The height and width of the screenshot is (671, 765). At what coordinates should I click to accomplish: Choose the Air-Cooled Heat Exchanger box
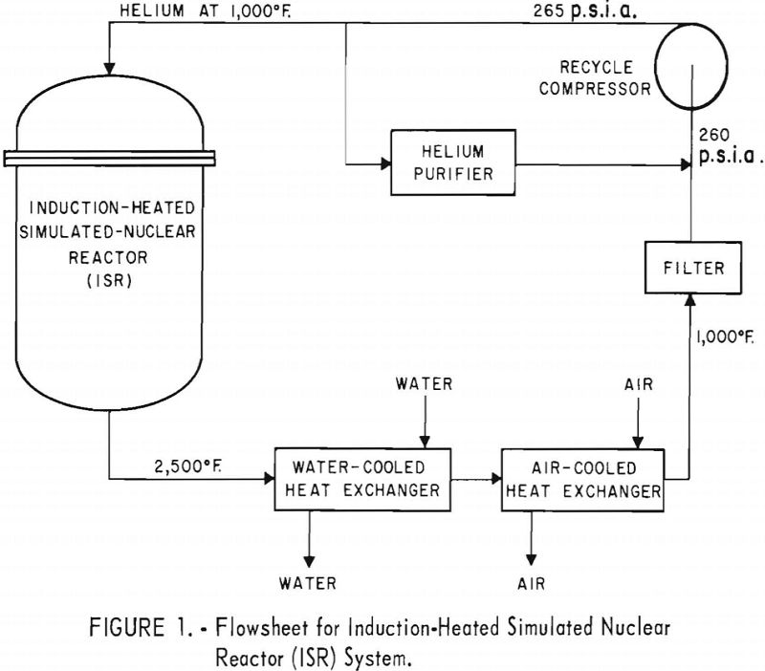(596, 478)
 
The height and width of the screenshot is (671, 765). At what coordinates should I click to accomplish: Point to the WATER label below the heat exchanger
(308, 580)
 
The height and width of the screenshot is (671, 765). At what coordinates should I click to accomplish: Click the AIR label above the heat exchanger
(634, 384)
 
